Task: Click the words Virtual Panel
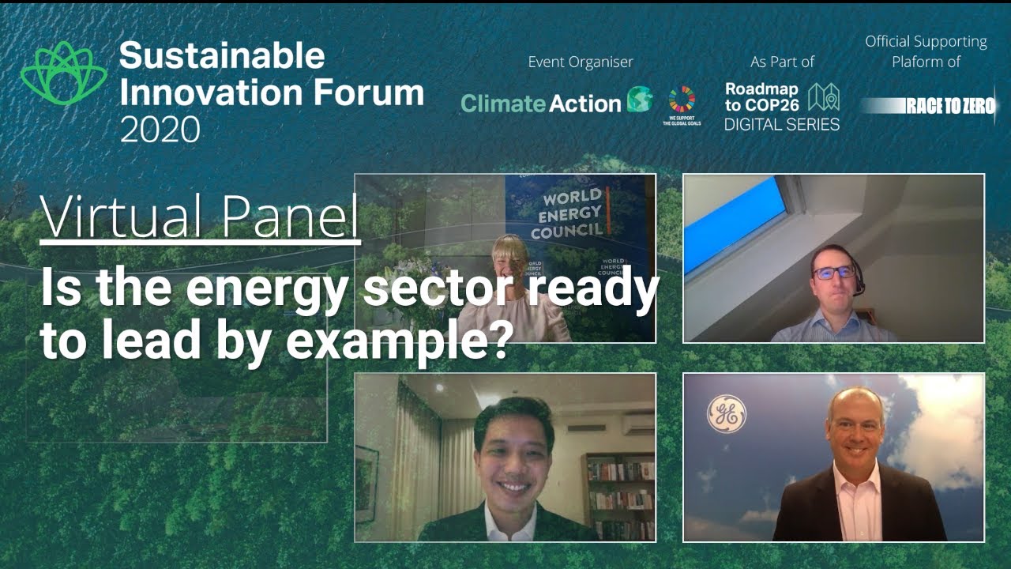(200, 216)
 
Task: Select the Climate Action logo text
(540, 104)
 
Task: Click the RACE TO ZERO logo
(929, 106)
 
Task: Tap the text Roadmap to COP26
(761, 96)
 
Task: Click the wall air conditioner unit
(638, 424)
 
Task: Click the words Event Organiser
(581, 62)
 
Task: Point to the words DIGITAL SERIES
(781, 124)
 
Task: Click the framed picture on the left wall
(366, 483)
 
